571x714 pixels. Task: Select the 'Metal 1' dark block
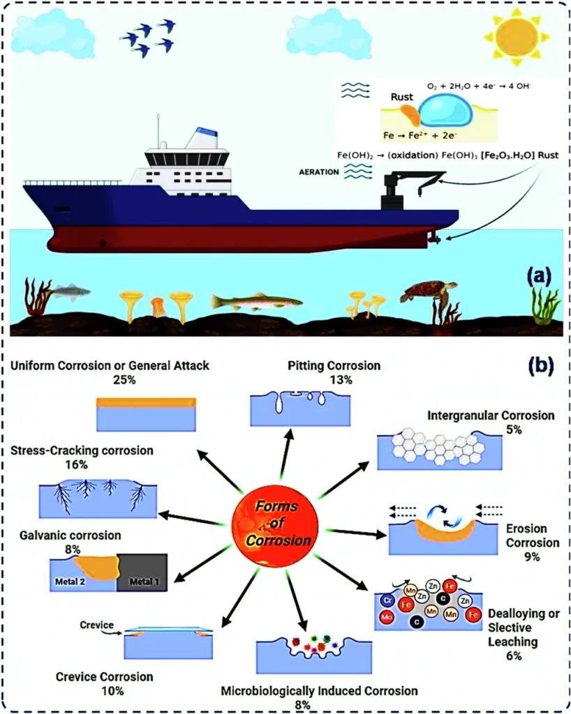pyautogui.click(x=142, y=572)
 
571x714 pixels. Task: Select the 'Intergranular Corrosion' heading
pyautogui.click(x=491, y=416)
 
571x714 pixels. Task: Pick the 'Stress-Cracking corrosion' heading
pyautogui.click(x=82, y=450)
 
